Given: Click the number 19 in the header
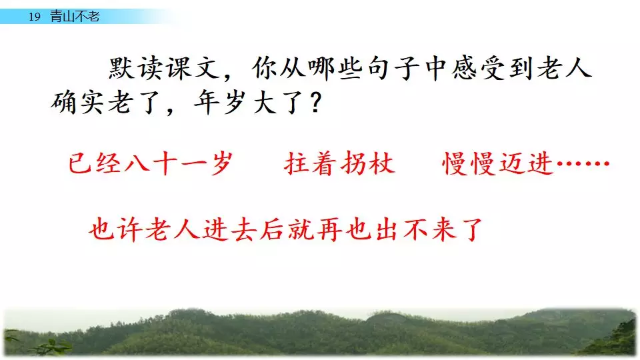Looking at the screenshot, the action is pyautogui.click(x=35, y=17).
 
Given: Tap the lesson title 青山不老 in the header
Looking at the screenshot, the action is pyautogui.click(x=75, y=16).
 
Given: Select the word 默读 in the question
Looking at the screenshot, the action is pyautogui.click(x=136, y=68).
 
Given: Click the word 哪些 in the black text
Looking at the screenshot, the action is pyautogui.click(x=335, y=68).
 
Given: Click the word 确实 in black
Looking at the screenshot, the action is pyautogui.click(x=77, y=102).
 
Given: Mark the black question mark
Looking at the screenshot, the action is pyautogui.click(x=316, y=102).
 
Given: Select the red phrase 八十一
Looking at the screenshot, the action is pyautogui.click(x=165, y=164).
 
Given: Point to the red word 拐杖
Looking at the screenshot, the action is pyautogui.click(x=368, y=164).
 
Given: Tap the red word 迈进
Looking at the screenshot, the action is pyautogui.click(x=527, y=164).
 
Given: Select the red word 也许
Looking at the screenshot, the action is pyautogui.click(x=116, y=229).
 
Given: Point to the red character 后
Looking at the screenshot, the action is pyautogui.click(x=272, y=229).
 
